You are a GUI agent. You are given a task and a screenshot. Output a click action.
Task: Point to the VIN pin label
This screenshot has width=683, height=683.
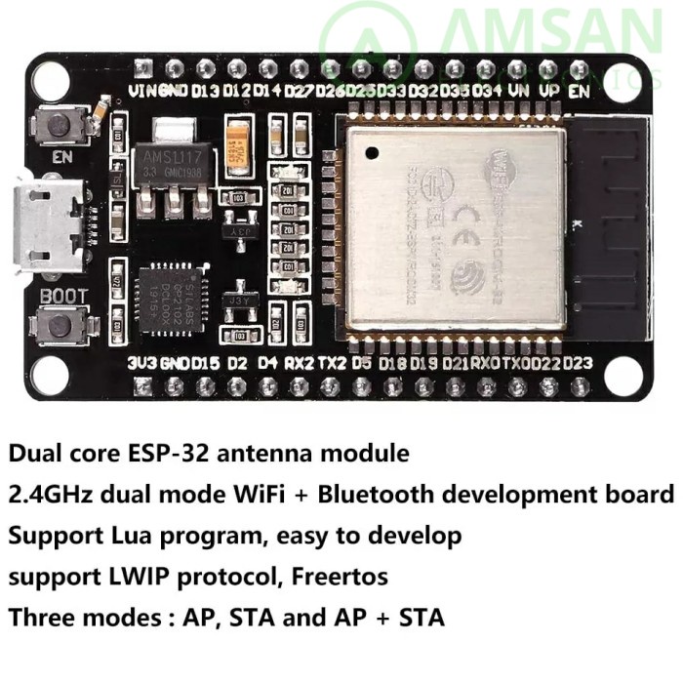(x=142, y=92)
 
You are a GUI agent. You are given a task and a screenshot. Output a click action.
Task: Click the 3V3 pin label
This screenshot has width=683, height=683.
(x=141, y=363)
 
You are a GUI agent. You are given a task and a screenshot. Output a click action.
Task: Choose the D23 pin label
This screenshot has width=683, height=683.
(x=578, y=363)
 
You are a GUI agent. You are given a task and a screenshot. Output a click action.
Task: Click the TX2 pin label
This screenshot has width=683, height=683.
(x=333, y=363)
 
